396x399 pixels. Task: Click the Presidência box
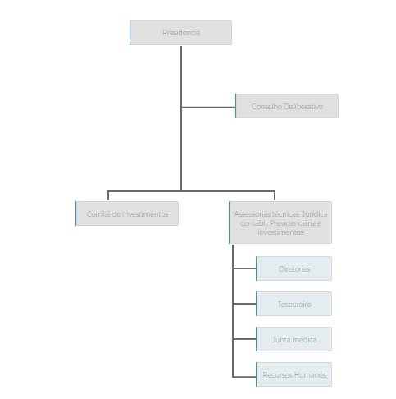[x=180, y=32]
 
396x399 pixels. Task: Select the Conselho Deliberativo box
[x=287, y=106]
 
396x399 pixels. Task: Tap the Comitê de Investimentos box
[x=127, y=213]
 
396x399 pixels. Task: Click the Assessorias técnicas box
[x=280, y=222]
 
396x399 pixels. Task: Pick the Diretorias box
[x=294, y=268]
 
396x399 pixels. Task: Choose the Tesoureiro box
[x=294, y=304]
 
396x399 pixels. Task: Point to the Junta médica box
[x=294, y=339]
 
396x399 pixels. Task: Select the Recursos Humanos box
[x=294, y=374]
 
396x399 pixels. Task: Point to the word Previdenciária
[x=293, y=223]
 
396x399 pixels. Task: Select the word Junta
[x=280, y=339]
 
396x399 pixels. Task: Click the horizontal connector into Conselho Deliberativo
[x=208, y=108]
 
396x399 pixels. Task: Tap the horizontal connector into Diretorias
[x=244, y=268]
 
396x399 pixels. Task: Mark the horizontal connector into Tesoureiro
[x=244, y=304]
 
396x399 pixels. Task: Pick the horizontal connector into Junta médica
[x=244, y=339]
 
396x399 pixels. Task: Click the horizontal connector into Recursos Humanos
[x=244, y=377]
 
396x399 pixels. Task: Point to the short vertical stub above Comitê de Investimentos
[x=108, y=195]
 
